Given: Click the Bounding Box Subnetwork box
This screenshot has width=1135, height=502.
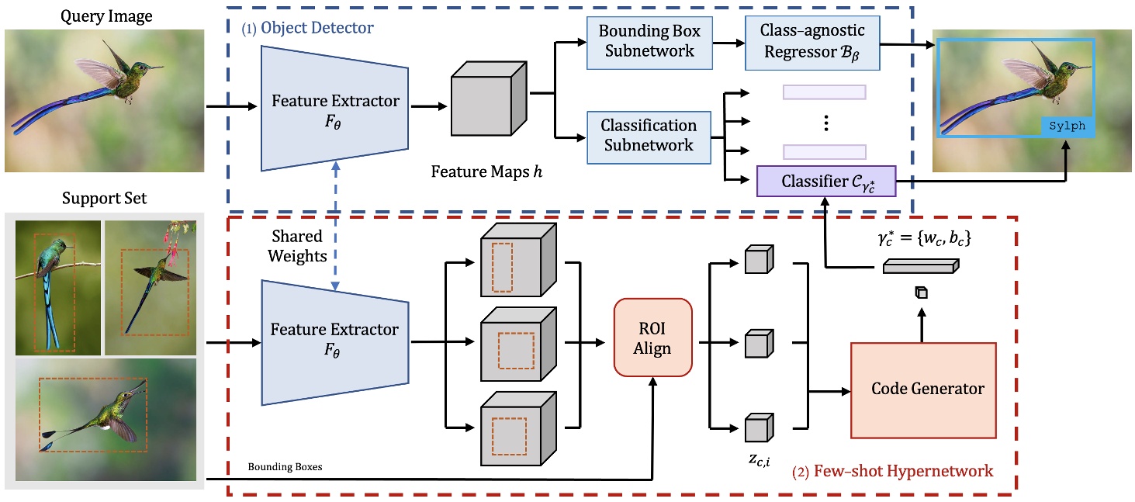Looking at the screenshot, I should pyautogui.click(x=649, y=42).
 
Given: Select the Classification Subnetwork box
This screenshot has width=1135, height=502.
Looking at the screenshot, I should pyautogui.click(x=650, y=135).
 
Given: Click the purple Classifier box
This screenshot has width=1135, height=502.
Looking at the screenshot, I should pyautogui.click(x=825, y=181).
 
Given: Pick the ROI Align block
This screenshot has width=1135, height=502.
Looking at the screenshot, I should pyautogui.click(x=652, y=338).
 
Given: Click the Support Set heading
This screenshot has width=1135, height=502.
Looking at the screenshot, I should pyautogui.click(x=104, y=199).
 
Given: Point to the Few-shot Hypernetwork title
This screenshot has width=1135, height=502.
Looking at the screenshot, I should pyautogui.click(x=891, y=471).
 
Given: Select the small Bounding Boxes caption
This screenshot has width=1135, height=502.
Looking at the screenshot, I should pyautogui.click(x=285, y=467).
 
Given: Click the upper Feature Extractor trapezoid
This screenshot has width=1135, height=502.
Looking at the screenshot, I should pyautogui.click(x=335, y=109).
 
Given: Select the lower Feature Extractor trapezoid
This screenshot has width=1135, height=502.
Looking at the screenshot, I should pyautogui.click(x=334, y=338).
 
